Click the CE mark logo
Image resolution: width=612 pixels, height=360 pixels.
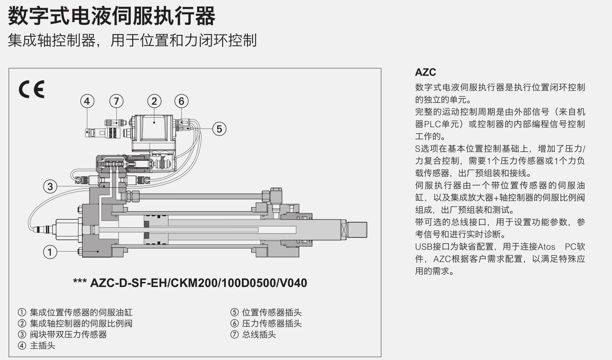31,89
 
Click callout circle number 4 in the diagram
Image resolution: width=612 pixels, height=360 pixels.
87,101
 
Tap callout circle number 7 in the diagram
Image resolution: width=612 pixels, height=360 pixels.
117,101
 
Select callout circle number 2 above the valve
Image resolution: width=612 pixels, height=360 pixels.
154,101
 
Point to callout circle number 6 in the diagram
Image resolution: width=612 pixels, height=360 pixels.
181,101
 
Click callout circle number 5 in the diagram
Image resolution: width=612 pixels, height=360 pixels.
219,129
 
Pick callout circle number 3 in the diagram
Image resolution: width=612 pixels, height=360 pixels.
50,186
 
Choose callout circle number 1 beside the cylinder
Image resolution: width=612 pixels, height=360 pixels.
50,252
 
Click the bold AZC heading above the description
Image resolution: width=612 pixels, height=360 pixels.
426,73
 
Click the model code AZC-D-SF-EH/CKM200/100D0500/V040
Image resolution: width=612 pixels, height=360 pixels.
199,283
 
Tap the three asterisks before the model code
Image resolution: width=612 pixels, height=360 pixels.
80,281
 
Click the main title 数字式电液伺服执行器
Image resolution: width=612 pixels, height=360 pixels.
112,17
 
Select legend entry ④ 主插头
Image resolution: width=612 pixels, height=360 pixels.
36,345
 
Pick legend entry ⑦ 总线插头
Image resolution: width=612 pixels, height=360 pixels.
253,334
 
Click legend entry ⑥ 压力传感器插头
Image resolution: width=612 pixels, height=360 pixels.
266,323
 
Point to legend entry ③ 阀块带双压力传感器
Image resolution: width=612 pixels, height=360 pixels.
62,334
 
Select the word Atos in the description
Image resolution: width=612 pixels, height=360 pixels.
546,247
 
